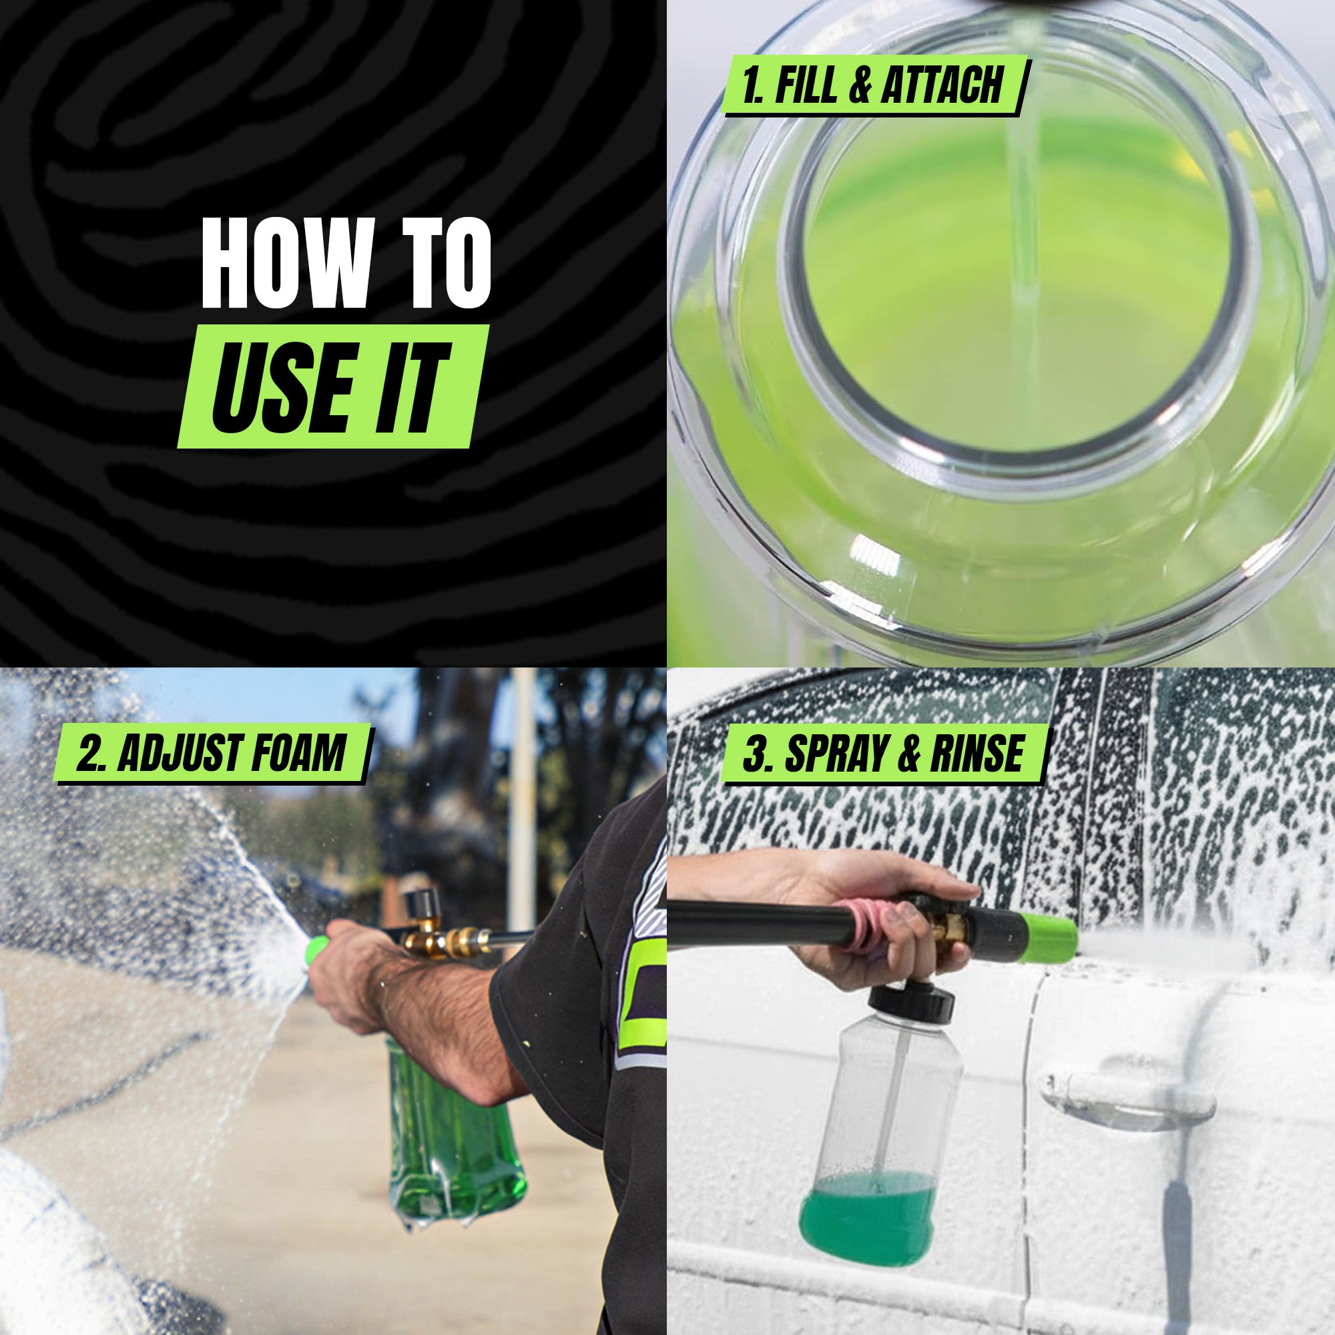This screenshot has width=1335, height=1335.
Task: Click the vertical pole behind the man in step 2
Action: pyautogui.click(x=524, y=794)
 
